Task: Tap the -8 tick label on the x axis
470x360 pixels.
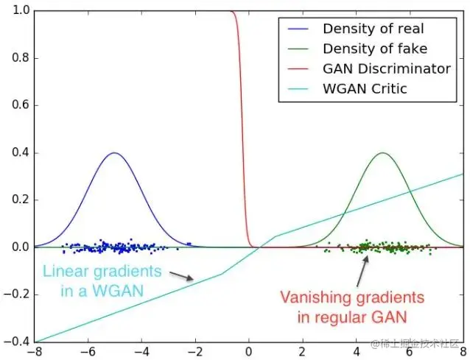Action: pos(33,351)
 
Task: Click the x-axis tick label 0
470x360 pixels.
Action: pos(249,351)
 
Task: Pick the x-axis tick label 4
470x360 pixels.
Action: pos(357,351)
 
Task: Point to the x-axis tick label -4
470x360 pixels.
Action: pos(139,351)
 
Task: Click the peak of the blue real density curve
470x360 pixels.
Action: pos(114,153)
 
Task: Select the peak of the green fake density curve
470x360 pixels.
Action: pos(383,153)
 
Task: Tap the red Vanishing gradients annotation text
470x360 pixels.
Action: pos(352,307)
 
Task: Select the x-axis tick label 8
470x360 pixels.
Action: pos(463,351)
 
